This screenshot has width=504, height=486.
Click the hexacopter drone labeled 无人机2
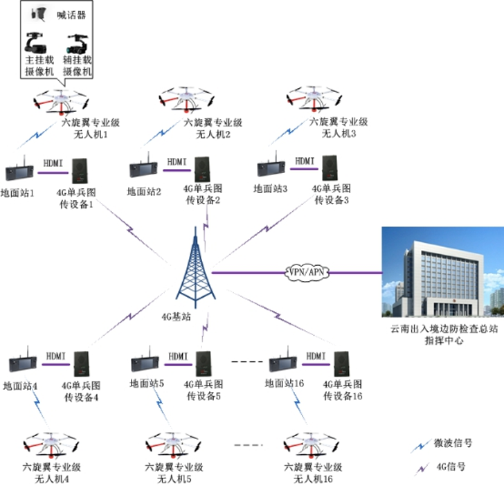click(x=190, y=100)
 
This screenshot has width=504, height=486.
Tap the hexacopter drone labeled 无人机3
click(x=314, y=100)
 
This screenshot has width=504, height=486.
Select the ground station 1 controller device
click(x=19, y=173)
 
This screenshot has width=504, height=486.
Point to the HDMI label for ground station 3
click(x=305, y=161)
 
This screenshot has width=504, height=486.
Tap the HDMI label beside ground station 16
click(x=316, y=355)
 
